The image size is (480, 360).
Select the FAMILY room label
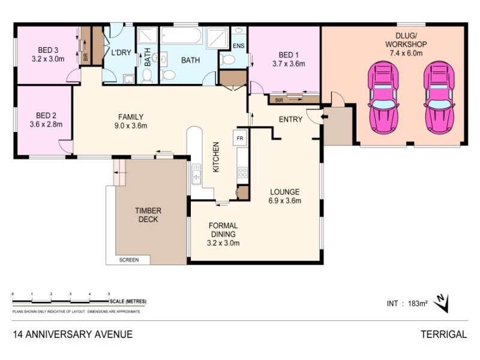[130, 117]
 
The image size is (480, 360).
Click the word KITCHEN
[216, 157]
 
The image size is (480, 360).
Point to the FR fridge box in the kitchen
[240, 139]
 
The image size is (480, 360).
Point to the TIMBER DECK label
[148, 215]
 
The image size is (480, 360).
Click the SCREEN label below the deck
[129, 260]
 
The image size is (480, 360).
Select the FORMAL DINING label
[223, 230]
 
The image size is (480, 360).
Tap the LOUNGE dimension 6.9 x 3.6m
[285, 200]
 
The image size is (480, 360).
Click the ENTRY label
[290, 119]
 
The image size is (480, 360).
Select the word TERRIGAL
[443, 334]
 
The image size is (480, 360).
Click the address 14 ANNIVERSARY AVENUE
[72, 334]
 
